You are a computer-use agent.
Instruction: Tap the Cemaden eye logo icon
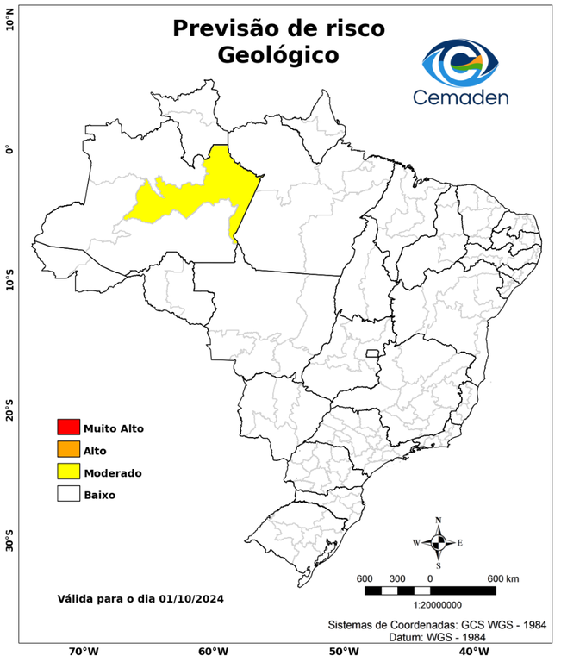pyautogui.click(x=464, y=61)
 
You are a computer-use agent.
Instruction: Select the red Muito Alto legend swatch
pyautogui.click(x=68, y=427)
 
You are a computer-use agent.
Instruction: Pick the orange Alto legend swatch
pyautogui.click(x=68, y=449)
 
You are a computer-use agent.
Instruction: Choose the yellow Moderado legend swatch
pyautogui.click(x=68, y=472)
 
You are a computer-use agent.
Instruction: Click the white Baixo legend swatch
pyautogui.click(x=68, y=494)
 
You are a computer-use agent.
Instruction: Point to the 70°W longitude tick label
pyautogui.click(x=84, y=652)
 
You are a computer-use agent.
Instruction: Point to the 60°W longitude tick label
pyautogui.click(x=213, y=652)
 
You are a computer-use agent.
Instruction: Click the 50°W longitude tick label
pyautogui.click(x=342, y=652)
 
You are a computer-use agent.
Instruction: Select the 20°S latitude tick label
pyautogui.click(x=9, y=410)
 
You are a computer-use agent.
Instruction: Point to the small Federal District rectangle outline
pyautogui.click(x=373, y=353)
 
